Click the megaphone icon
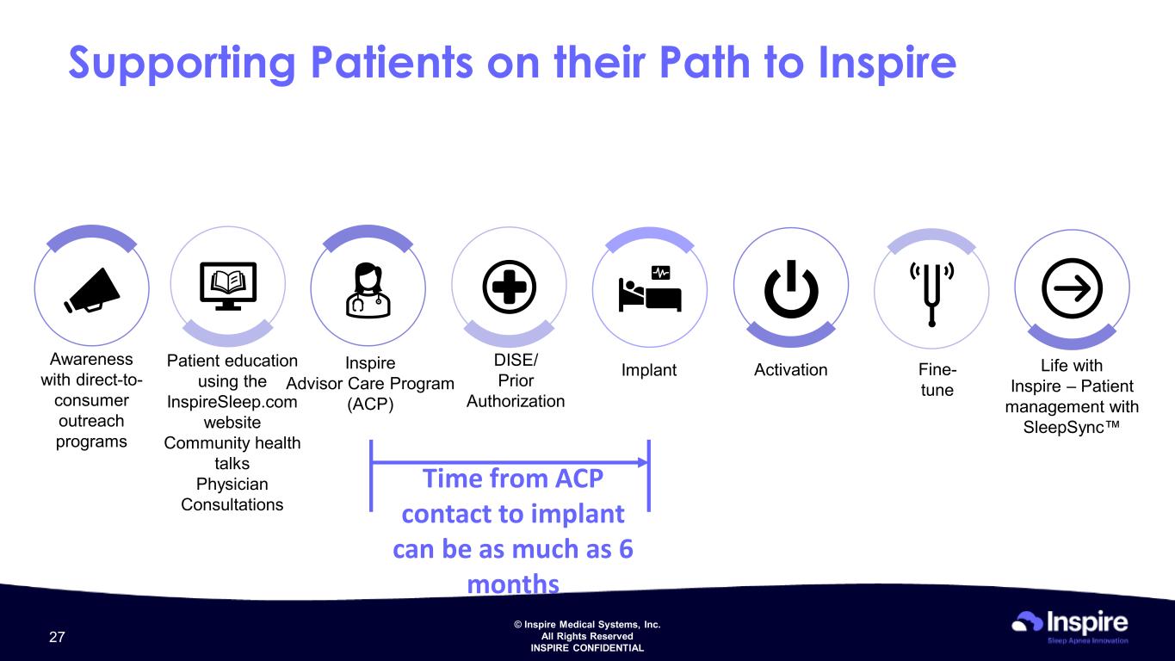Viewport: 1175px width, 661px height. coord(92,291)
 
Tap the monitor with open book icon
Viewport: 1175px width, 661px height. coord(228,286)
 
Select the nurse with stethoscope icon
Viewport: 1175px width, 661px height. coord(368,290)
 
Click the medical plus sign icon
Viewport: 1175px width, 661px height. coord(509,287)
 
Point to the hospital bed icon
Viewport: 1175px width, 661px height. coord(650,289)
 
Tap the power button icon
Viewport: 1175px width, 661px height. coord(791,289)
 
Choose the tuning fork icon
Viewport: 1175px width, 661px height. coord(931,293)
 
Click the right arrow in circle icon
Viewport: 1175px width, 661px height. coord(1073,288)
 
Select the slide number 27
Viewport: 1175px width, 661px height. coord(57,637)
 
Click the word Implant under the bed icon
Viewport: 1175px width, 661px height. coord(649,370)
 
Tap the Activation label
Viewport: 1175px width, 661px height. coord(790,370)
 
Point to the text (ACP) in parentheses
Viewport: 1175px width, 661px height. coord(370,405)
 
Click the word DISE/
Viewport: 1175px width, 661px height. coord(516,360)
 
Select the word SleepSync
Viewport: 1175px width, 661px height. coord(1064,428)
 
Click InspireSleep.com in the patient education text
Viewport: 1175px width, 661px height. coord(232,402)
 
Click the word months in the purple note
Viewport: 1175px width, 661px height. coord(513,584)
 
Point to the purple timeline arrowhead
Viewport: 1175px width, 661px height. coord(643,462)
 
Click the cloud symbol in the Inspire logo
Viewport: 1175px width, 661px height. coord(1027,621)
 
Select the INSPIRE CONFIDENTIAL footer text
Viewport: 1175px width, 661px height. coord(587,648)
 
